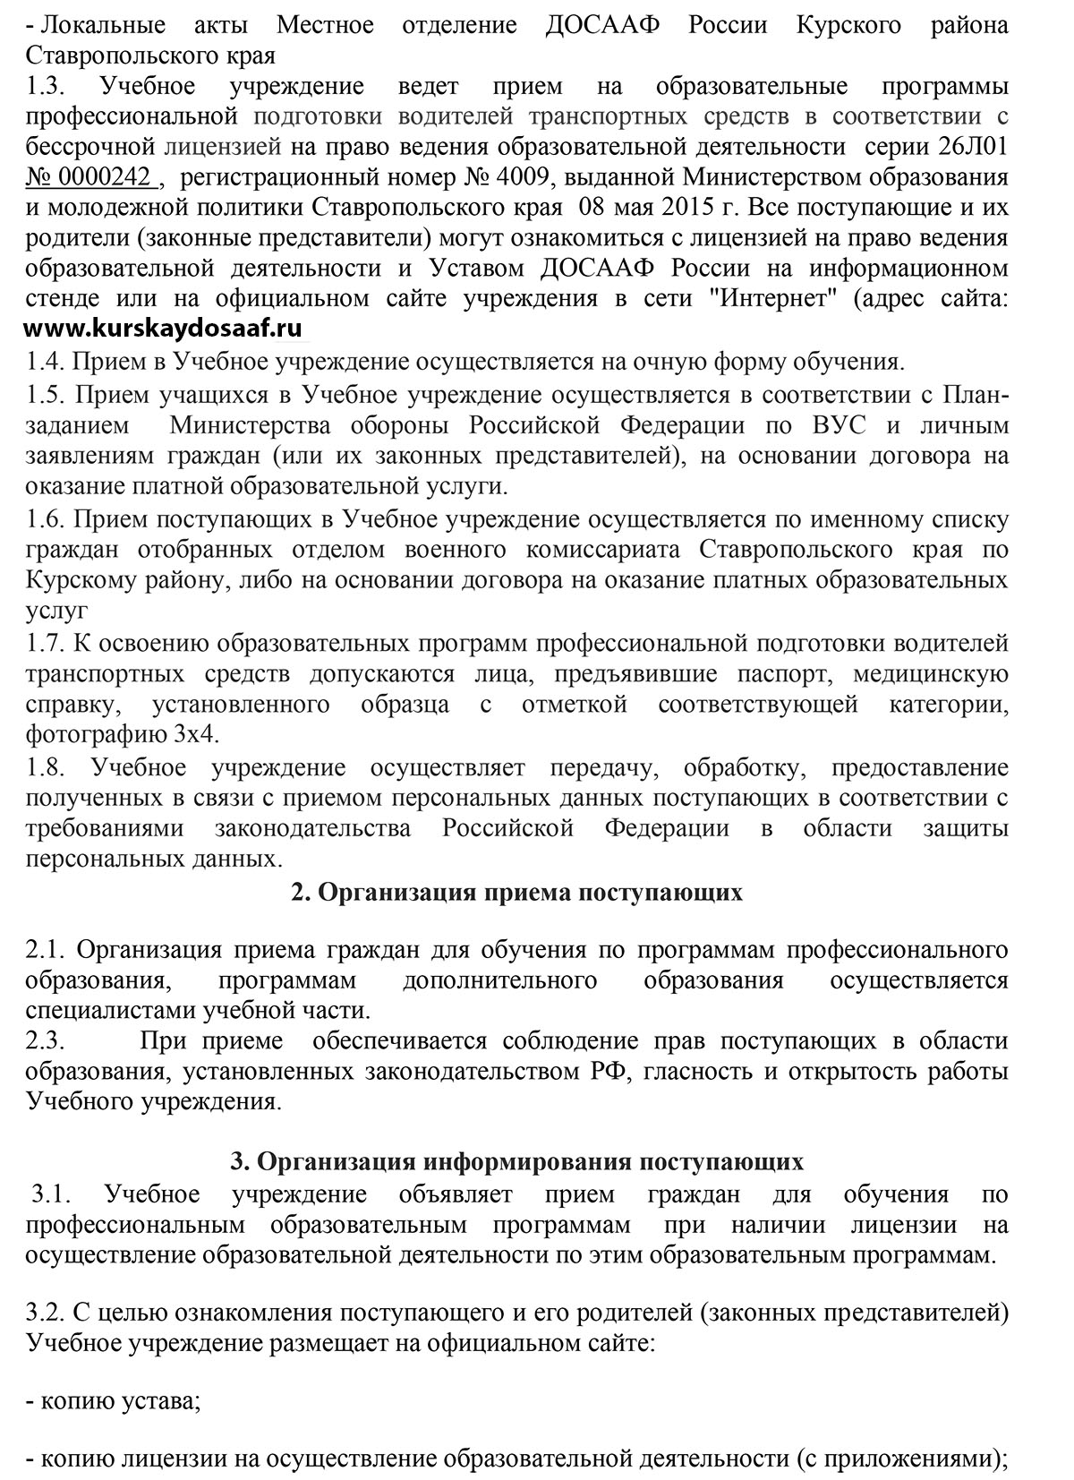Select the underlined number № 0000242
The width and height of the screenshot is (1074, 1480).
(x=92, y=176)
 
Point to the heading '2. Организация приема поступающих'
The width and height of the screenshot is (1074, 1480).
(x=517, y=893)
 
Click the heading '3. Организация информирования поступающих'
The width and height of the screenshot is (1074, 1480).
(x=517, y=1162)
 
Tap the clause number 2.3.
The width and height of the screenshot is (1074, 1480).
(x=44, y=1040)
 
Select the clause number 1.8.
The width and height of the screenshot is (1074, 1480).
(x=44, y=767)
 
